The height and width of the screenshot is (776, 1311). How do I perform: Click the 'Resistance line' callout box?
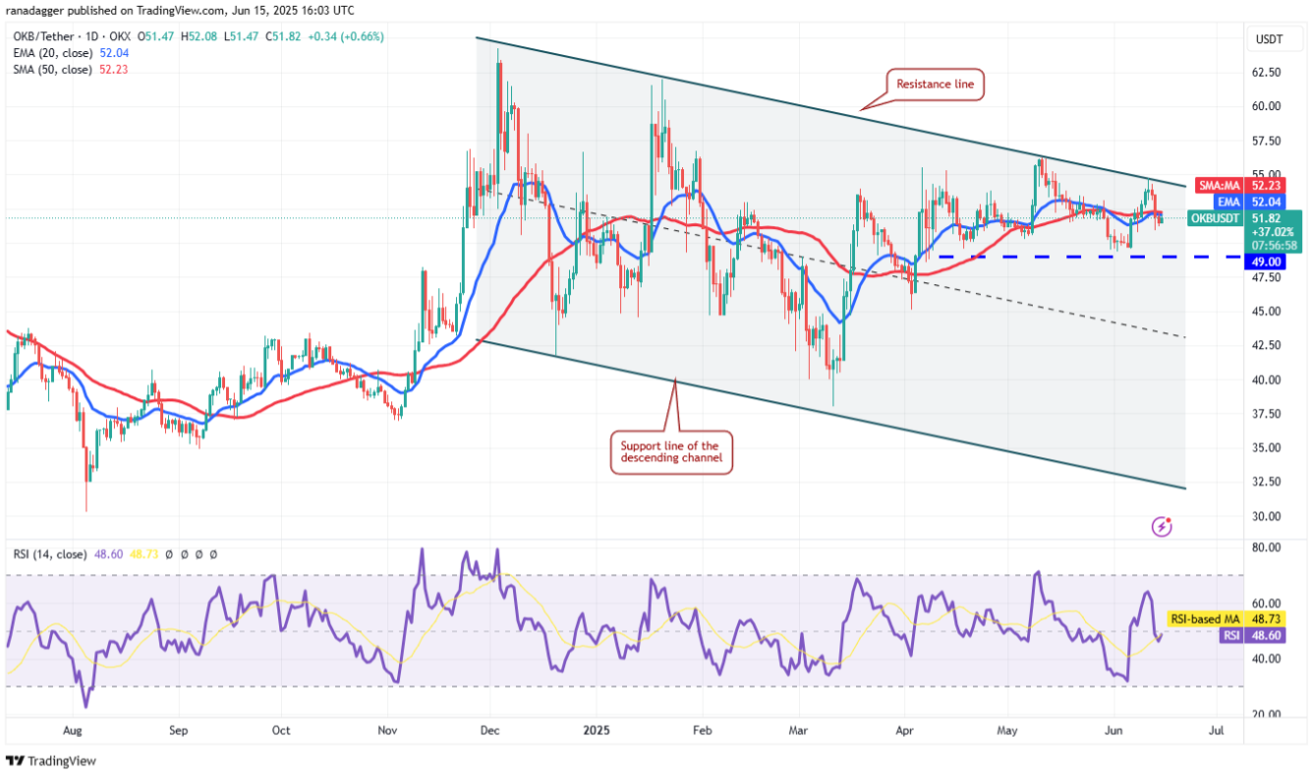click(x=935, y=85)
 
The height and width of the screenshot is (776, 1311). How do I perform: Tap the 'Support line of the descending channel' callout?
click(x=672, y=452)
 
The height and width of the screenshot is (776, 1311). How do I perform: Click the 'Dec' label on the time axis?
click(x=490, y=731)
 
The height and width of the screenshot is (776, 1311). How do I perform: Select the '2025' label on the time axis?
click(x=595, y=731)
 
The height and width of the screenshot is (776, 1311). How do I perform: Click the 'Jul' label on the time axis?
click(x=1215, y=731)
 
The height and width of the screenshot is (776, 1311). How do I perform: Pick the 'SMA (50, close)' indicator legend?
click(x=54, y=69)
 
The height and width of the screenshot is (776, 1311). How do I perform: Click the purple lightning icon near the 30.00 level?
click(x=1162, y=526)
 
